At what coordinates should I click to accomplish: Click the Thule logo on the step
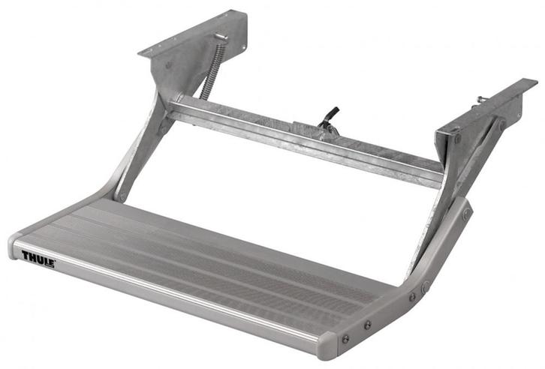[x=38, y=259]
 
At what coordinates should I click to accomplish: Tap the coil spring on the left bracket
[x=212, y=68]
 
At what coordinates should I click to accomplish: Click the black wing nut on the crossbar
[x=329, y=117]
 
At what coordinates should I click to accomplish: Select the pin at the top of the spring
[x=220, y=37]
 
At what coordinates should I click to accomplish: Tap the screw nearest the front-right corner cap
[x=346, y=338]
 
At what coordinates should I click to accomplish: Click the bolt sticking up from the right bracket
[x=479, y=98]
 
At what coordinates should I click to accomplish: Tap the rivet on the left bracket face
[x=168, y=65]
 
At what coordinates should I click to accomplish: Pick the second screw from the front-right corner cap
[x=366, y=325]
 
